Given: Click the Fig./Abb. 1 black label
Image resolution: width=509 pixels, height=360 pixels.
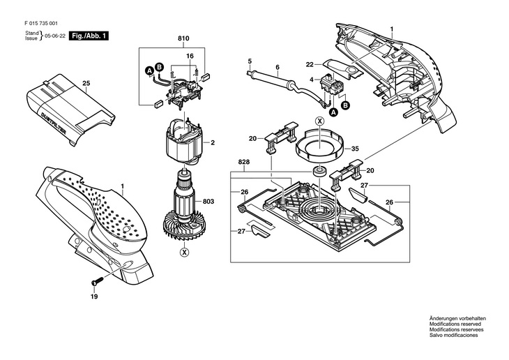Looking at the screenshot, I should (89, 35).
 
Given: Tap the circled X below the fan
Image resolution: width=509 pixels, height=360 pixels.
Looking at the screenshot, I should (184, 252).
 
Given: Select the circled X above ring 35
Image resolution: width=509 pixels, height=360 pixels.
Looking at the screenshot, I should (320, 121).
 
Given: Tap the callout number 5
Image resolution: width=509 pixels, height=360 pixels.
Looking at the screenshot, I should (249, 61).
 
